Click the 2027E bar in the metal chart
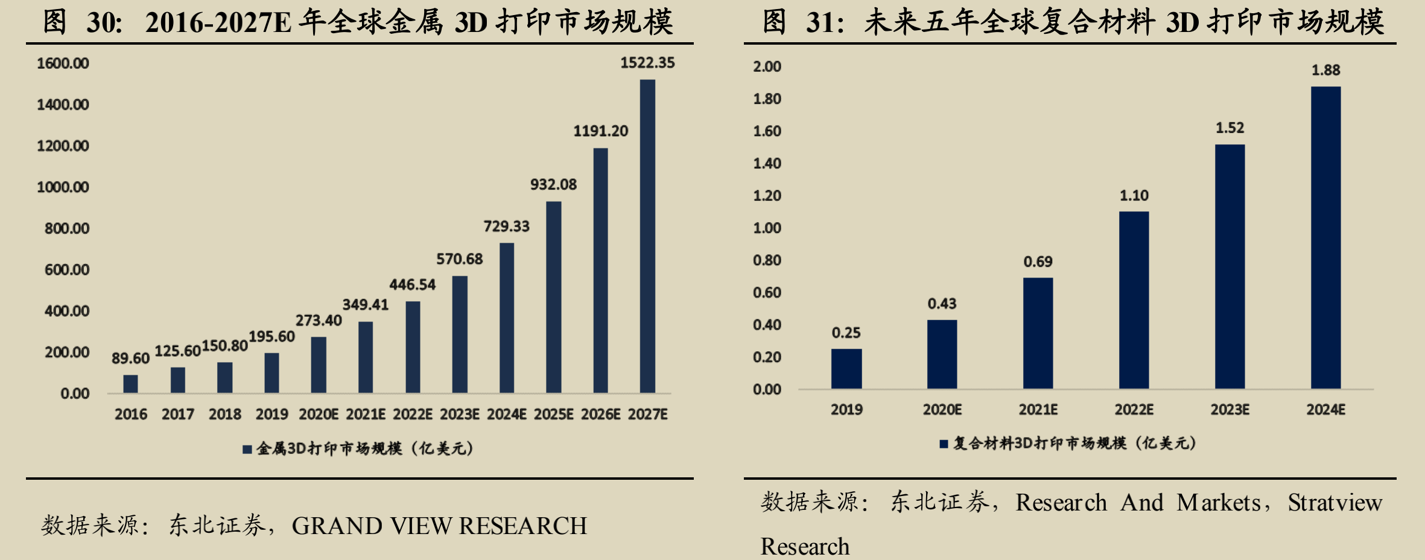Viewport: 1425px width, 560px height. click(x=647, y=236)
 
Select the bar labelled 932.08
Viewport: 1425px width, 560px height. click(x=553, y=297)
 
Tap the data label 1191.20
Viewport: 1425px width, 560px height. click(x=600, y=131)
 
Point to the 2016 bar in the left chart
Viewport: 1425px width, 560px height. click(x=130, y=384)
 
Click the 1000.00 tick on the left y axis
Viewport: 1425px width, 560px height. click(x=63, y=187)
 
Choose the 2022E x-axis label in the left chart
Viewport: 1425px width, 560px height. click(x=413, y=415)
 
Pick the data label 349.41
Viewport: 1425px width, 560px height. click(x=365, y=305)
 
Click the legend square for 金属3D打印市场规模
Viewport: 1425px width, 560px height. click(x=247, y=450)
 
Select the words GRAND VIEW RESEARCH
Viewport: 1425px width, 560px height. click(x=439, y=526)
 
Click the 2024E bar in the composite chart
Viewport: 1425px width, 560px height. click(x=1325, y=237)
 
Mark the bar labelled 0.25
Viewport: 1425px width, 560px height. click(x=846, y=369)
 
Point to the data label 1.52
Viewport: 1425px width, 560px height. click(x=1230, y=128)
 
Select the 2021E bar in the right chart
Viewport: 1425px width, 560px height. click(x=1038, y=333)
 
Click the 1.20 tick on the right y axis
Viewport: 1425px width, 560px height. click(x=767, y=196)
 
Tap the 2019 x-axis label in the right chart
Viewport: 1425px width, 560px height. click(x=846, y=410)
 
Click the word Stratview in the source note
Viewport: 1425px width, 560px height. click(x=1335, y=503)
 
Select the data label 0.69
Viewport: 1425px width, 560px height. click(x=1038, y=262)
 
